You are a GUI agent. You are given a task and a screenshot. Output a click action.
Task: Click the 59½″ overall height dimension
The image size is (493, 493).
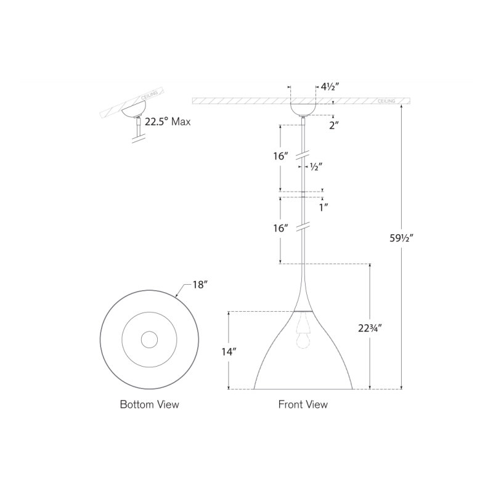(401, 238)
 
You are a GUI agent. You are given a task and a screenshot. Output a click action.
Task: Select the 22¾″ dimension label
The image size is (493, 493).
(370, 328)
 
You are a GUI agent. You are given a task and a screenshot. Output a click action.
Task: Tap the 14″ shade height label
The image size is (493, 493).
(229, 351)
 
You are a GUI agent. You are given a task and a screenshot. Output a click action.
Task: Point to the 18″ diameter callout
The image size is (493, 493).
(200, 285)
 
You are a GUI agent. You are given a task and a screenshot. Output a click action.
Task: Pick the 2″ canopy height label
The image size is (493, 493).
(334, 126)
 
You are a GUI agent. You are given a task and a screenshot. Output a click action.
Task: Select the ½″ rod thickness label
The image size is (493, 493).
(316, 167)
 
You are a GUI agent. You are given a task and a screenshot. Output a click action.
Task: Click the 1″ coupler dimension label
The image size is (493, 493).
(324, 208)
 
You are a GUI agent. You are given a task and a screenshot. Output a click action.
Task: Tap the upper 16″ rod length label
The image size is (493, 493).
(281, 156)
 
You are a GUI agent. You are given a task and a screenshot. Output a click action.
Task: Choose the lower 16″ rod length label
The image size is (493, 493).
(281, 228)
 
